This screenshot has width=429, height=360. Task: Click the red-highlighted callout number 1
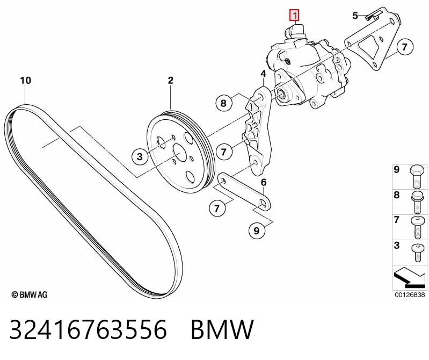coord(295,15)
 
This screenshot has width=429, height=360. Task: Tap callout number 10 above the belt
coord(26,81)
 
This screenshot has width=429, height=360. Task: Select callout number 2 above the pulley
coord(170,81)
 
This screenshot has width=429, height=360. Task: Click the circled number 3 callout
coord(140,156)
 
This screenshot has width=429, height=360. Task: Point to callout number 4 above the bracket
coord(263,74)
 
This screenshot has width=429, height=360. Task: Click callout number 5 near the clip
coord(355,16)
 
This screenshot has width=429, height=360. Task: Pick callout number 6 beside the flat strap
coord(264,182)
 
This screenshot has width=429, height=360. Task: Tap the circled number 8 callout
coord(224,103)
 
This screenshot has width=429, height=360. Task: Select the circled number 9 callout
coord(256,231)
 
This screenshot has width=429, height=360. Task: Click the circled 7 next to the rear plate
coord(404,47)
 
